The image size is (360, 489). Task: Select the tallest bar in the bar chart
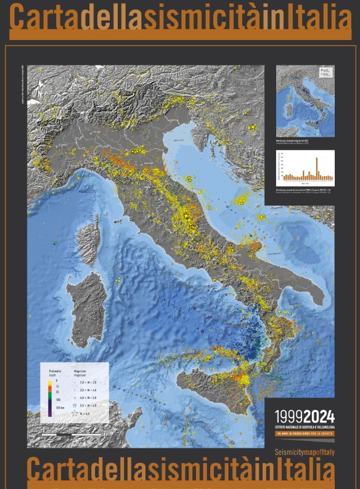coord(317,167)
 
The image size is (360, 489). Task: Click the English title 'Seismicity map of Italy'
coord(305,452)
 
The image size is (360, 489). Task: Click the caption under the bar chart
coord(305,192)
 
